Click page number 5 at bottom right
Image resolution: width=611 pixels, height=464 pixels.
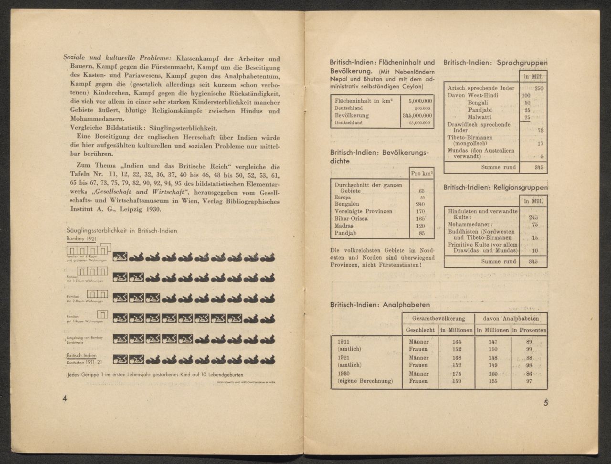(546, 402)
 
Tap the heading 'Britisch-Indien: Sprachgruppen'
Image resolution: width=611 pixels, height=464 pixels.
(495, 63)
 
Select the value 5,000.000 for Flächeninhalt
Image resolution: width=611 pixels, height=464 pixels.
(420, 101)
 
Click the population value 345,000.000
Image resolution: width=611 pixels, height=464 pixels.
(417, 116)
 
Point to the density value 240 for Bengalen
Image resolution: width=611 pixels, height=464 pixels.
(420, 204)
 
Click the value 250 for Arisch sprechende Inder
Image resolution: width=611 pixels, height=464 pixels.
(539, 88)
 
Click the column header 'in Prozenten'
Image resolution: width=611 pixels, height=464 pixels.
(529, 330)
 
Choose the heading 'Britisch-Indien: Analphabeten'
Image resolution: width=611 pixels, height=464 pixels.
(380, 305)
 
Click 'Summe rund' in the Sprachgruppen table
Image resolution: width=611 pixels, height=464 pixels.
(498, 167)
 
